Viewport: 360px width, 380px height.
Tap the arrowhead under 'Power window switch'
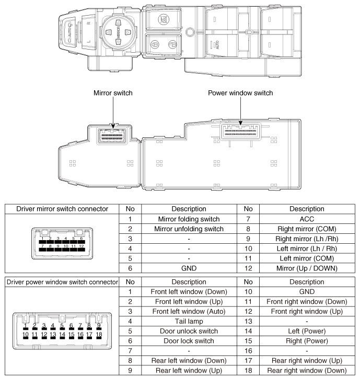click(240, 125)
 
